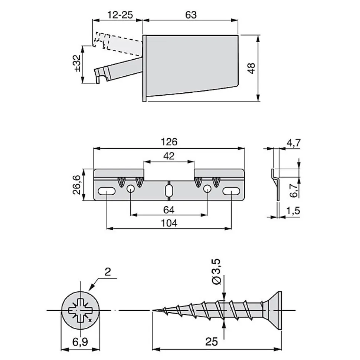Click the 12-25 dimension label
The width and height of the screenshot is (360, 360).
120,15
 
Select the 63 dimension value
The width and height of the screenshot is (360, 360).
191,15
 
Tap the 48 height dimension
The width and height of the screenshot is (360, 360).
251,68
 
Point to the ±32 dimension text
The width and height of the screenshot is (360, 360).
78,63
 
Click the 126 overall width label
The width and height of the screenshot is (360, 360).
169,142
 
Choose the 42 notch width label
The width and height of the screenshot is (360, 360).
169,156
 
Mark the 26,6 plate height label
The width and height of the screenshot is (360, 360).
77,185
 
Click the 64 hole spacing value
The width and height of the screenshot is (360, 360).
169,210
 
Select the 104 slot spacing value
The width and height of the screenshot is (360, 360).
169,223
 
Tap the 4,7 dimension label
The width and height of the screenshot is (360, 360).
294,143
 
